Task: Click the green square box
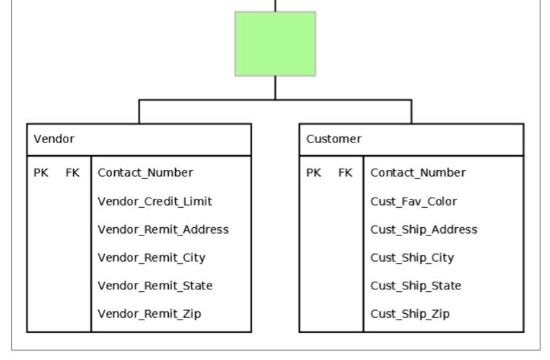[x=275, y=44]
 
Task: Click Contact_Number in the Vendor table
[x=145, y=173]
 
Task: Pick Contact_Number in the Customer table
[x=418, y=173]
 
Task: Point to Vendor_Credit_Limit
[x=155, y=201]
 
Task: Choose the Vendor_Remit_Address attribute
[x=163, y=229]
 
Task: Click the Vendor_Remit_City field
[x=151, y=258]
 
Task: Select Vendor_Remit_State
[x=155, y=286]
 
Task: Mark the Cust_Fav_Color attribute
[x=414, y=201]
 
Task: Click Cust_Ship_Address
[x=424, y=229]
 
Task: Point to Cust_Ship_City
[x=412, y=258]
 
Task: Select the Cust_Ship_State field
[x=416, y=286]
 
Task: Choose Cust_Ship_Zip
[x=410, y=314]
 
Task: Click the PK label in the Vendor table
[x=41, y=173]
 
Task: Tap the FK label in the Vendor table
[x=73, y=173]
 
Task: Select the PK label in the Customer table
[x=314, y=173]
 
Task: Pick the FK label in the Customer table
[x=345, y=173]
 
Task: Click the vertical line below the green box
[x=275, y=88]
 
